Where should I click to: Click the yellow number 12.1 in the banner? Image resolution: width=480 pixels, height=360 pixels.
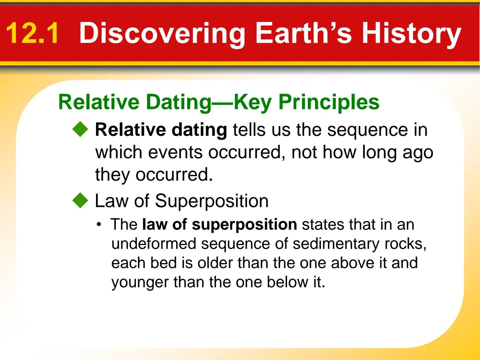pyautogui.click(x=32, y=33)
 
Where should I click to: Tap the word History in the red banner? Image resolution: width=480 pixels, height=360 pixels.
pyautogui.click(x=411, y=34)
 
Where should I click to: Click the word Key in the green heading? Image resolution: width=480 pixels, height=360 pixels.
pyautogui.click(x=252, y=102)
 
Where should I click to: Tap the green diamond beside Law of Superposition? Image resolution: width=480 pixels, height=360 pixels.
pyautogui.click(x=80, y=201)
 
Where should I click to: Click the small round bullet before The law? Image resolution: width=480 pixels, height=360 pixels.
pyautogui.click(x=98, y=225)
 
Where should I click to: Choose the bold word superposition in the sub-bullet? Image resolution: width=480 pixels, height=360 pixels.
pyautogui.click(x=244, y=224)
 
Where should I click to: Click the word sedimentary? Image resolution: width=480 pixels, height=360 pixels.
pyautogui.click(x=336, y=244)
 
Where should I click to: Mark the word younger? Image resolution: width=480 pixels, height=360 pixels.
pyautogui.click(x=140, y=283)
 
